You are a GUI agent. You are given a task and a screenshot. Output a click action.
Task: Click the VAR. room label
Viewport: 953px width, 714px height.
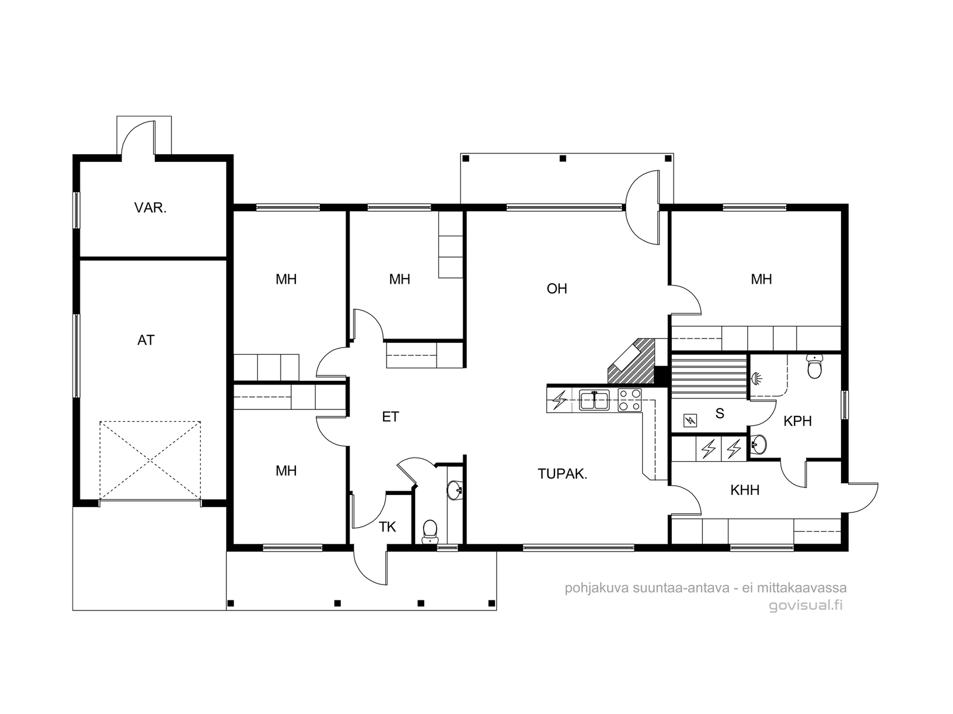tap(150, 208)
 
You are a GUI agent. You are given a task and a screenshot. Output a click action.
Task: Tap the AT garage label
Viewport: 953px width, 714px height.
tap(146, 340)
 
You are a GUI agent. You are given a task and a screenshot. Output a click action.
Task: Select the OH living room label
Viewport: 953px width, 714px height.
tap(556, 289)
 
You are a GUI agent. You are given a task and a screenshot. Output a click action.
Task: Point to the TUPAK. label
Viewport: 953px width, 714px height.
tap(562, 474)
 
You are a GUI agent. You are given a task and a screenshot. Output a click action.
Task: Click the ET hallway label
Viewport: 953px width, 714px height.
tap(390, 416)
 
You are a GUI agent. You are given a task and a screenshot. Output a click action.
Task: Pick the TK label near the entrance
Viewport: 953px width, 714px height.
tap(387, 527)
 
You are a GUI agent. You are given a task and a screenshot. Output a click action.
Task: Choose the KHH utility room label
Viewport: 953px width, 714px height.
tap(745, 490)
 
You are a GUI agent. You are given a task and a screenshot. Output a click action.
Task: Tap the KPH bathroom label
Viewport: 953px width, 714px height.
tap(798, 421)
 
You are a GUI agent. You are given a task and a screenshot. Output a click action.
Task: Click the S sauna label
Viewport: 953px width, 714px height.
tap(720, 414)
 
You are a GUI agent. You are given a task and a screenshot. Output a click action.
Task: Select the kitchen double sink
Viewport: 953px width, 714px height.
tap(594, 400)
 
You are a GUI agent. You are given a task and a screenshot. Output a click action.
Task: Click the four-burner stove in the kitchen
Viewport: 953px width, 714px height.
tap(630, 400)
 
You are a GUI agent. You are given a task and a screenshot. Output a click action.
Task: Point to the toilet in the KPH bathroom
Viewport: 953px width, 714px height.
tap(814, 366)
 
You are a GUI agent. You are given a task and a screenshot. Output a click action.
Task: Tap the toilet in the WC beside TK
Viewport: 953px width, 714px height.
tap(430, 531)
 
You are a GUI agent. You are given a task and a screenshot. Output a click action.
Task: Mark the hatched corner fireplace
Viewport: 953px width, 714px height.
tap(631, 361)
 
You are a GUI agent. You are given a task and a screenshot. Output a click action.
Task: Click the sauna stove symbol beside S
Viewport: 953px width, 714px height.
tap(690, 420)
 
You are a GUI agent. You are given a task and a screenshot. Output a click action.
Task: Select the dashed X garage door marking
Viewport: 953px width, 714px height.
tap(150, 461)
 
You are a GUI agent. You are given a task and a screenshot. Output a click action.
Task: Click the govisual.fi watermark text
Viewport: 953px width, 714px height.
tap(805, 605)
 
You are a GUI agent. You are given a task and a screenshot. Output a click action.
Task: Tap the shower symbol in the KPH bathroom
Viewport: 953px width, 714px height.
tap(757, 378)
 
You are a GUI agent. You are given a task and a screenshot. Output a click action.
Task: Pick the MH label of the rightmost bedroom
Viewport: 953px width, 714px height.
tap(761, 279)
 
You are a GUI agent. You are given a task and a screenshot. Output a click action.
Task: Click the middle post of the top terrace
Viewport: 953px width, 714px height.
tap(563, 159)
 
